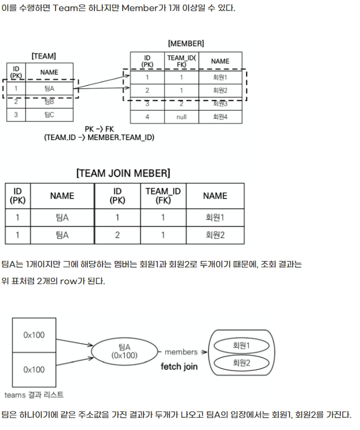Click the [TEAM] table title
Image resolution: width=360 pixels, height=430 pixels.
pyautogui.click(x=43, y=56)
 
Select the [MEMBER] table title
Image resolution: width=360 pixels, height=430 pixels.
pyautogui.click(x=185, y=43)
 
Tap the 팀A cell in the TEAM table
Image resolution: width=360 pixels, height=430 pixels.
pyautogui.click(x=49, y=89)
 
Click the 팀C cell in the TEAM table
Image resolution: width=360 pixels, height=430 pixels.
pyautogui.click(x=49, y=115)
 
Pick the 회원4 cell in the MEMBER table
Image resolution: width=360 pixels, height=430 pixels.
pyautogui.click(x=220, y=116)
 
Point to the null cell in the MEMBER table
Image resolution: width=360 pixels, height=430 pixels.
pyautogui.click(x=182, y=116)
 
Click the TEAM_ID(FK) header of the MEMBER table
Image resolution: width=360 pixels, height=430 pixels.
pyautogui.click(x=182, y=61)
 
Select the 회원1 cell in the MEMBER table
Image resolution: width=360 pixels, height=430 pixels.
pyautogui.click(x=220, y=77)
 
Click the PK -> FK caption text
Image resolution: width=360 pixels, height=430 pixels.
pyautogui.click(x=99, y=128)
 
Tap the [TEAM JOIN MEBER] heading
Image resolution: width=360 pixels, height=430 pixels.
pyautogui.click(x=123, y=173)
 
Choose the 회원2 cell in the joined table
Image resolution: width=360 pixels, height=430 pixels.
pyautogui.click(x=215, y=234)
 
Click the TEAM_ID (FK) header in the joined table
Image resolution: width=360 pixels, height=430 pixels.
pyautogui.click(x=163, y=196)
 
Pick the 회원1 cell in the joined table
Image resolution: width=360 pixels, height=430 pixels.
pyautogui.click(x=215, y=218)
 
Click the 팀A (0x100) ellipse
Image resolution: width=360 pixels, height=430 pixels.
pyautogui.click(x=124, y=351)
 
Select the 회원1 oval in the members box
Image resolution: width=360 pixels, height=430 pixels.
pyautogui.click(x=241, y=345)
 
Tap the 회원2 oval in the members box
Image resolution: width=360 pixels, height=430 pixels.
pyautogui.click(x=241, y=363)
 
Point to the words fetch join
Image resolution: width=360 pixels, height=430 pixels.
pyautogui.click(x=179, y=366)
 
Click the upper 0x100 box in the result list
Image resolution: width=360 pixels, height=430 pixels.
pyautogui.click(x=34, y=335)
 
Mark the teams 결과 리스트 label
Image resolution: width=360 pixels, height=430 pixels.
pyautogui.click(x=34, y=395)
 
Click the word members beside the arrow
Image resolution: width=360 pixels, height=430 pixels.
pyautogui.click(x=181, y=351)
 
